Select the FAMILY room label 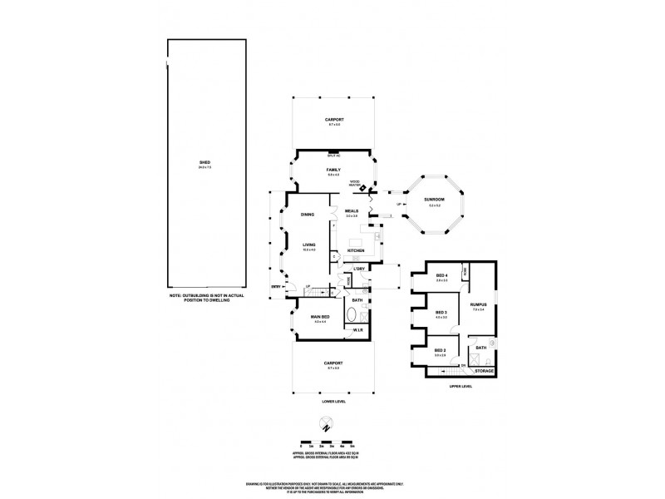pos(333,170)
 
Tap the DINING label pos(308,215)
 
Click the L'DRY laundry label pos(359,269)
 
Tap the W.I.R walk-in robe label pos(357,332)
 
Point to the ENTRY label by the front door pos(275,288)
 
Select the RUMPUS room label pos(477,305)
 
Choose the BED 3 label pos(442,313)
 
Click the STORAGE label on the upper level pos(484,370)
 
